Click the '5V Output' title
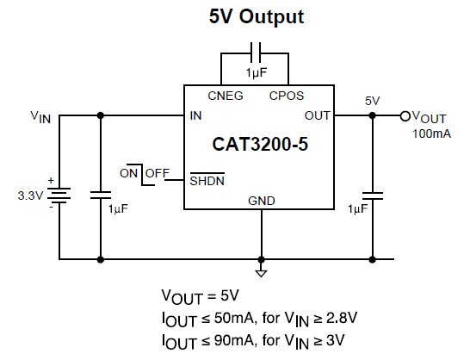point(257,16)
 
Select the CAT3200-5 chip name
point(260,145)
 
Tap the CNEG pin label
point(226,96)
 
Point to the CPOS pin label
point(287,96)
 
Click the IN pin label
point(195,115)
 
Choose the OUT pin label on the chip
point(317,115)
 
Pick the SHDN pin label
point(207,181)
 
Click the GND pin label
point(262,201)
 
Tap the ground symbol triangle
point(262,273)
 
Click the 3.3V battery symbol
point(59,196)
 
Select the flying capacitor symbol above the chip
point(256,53)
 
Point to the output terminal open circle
point(405,115)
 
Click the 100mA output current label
point(431,133)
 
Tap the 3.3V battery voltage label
point(31,196)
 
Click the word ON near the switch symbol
point(128,173)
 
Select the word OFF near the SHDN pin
point(158,173)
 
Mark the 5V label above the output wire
point(372,101)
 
